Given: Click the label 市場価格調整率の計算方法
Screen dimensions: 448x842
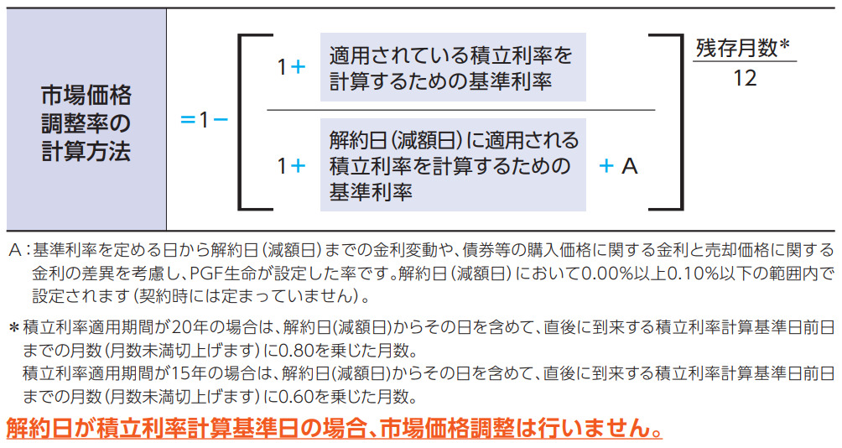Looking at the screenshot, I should [86, 121].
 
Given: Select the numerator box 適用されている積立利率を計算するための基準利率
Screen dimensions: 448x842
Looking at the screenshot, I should [451, 68].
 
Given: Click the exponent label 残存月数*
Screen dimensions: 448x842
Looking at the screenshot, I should [743, 49].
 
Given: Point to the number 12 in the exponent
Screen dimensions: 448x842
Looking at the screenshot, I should [744, 79].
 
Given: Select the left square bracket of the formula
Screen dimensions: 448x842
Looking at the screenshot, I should [247, 121].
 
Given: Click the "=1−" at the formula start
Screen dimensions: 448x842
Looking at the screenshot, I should [204, 120].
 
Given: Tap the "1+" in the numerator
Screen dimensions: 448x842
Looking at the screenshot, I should [291, 68].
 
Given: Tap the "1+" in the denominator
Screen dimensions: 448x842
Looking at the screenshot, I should [291, 166].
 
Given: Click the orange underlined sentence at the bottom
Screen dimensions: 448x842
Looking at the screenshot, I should [334, 428].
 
